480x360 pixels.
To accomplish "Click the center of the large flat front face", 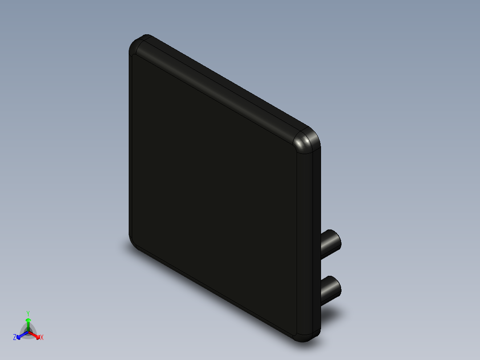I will click(214, 187).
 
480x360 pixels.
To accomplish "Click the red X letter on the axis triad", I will click(42, 338).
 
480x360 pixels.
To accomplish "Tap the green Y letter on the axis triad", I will click(28, 313).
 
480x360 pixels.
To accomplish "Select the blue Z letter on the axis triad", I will click(15, 338).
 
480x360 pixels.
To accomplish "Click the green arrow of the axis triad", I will click(28, 323).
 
